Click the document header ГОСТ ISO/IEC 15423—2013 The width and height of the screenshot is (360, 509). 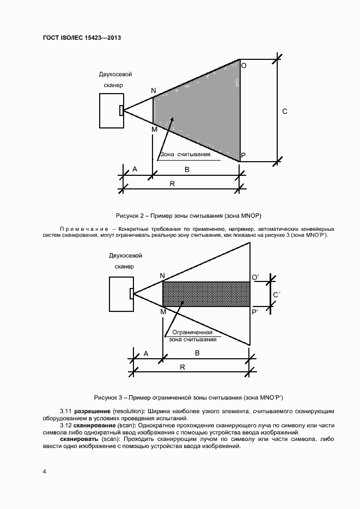click(x=81, y=38)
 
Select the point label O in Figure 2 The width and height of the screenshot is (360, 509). click(x=243, y=65)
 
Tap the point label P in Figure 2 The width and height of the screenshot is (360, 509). click(x=243, y=156)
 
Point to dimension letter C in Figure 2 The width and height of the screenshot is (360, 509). click(x=284, y=112)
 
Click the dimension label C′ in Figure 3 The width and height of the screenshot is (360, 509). click(x=276, y=296)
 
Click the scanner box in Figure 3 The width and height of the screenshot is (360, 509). click(x=120, y=293)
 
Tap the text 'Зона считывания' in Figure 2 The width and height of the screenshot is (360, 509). click(x=185, y=155)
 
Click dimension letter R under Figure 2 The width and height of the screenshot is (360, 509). click(x=172, y=184)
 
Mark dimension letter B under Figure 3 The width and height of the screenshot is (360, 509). click(x=197, y=353)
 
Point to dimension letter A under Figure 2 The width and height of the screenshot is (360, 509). click(x=135, y=170)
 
